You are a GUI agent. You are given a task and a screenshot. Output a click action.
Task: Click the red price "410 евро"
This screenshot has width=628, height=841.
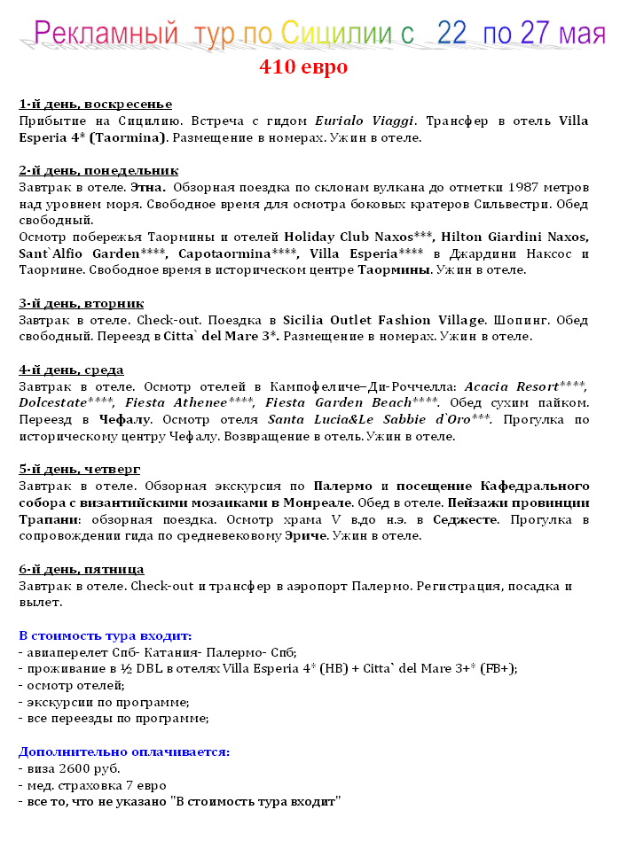pos(303,67)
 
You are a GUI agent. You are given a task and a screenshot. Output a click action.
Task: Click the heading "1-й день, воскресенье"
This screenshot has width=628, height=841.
pos(95,105)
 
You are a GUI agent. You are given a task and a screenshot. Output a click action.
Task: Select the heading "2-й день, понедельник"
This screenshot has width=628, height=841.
pos(98,171)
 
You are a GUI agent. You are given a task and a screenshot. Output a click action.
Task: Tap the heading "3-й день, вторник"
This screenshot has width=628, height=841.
pos(81,304)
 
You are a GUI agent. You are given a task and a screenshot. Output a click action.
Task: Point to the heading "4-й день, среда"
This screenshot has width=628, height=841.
pos(71,370)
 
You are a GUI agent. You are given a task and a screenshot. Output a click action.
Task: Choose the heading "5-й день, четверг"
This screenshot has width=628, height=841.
pos(79,470)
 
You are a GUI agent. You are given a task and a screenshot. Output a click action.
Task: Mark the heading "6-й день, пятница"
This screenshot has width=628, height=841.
pos(81,569)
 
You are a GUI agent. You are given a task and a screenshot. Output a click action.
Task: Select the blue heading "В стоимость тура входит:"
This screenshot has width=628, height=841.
pos(105,635)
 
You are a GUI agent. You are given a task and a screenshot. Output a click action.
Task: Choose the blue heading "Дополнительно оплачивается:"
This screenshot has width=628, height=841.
pos(124,751)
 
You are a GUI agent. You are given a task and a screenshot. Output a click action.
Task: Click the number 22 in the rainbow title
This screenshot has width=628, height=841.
pos(451,34)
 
